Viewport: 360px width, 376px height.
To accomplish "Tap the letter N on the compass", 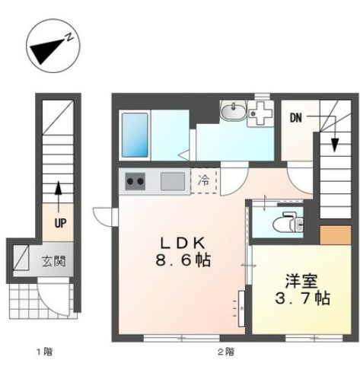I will (x=68, y=36).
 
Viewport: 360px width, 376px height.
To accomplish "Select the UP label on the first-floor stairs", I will (x=59, y=224).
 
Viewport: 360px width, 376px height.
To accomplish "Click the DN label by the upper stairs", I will (x=295, y=118).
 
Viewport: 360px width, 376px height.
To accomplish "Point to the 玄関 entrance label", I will (x=53, y=262).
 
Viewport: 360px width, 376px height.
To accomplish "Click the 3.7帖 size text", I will (x=303, y=298).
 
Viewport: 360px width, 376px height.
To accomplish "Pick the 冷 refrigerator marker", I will (x=203, y=181).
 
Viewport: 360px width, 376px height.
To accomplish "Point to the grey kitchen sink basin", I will (x=170, y=182).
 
